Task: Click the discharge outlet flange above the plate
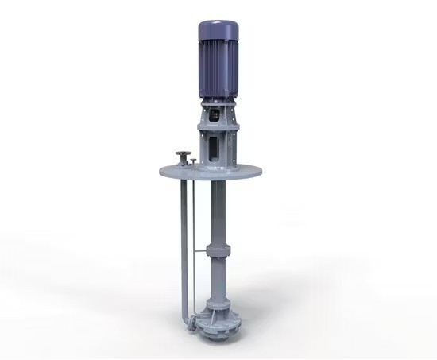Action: pos(181,153)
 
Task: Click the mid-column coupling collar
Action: pos(217,251)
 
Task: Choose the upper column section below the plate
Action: pos(216,211)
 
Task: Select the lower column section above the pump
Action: pos(217,278)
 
